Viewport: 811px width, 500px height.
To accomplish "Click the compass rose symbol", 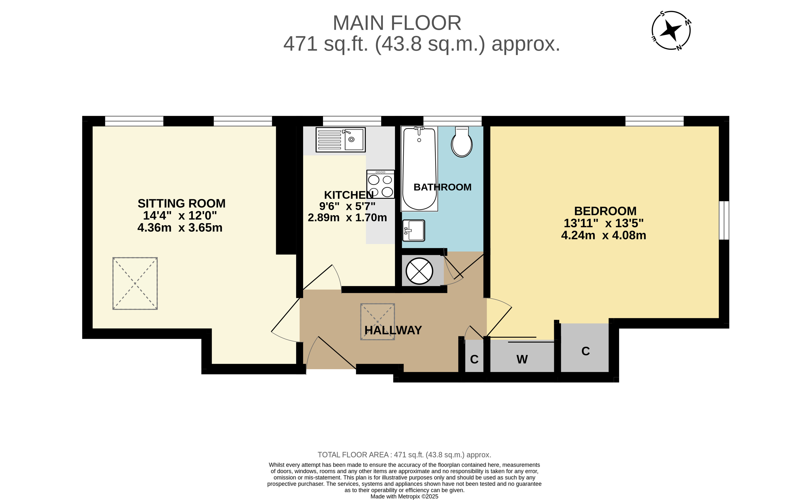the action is point(671,31).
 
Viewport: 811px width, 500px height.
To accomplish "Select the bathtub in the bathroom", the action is point(419,169).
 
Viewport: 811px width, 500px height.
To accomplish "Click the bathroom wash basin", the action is point(413,230).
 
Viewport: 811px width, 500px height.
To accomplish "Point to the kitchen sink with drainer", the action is point(341,140).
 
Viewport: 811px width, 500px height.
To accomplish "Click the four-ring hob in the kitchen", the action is point(380,184).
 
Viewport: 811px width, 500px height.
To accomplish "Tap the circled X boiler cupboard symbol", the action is point(419,271).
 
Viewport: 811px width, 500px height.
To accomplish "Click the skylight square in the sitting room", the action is point(135,283).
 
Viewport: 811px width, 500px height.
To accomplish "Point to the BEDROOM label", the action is point(605,211).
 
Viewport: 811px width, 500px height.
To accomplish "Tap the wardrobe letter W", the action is point(522,359).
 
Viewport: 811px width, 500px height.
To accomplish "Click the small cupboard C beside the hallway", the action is point(474,359).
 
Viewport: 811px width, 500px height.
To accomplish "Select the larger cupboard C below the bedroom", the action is point(586,351).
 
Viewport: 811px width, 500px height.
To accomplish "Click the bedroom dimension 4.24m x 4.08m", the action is point(604,236).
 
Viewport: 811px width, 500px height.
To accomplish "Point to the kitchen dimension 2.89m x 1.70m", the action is point(347,218).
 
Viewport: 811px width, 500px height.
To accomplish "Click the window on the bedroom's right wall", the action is point(724,220).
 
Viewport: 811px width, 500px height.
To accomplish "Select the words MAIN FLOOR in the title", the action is point(397,23).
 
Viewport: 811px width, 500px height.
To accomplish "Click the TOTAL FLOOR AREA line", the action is point(404,455).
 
